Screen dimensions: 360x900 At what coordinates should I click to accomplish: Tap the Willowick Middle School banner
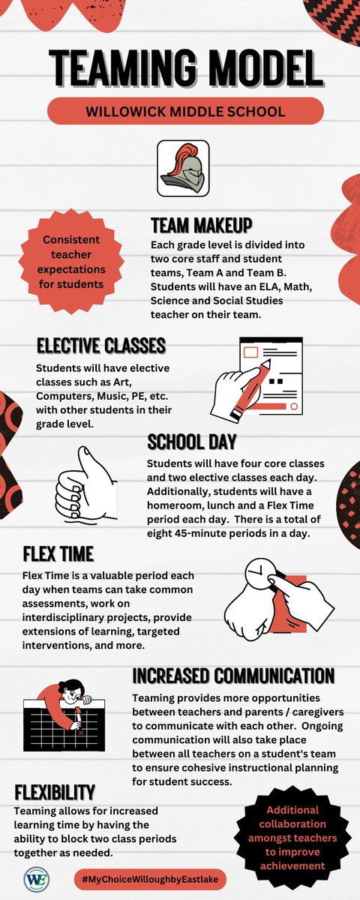coord(185,112)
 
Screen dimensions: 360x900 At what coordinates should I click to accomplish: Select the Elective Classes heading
coord(100,345)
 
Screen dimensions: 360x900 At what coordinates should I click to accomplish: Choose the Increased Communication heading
coord(232,675)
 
